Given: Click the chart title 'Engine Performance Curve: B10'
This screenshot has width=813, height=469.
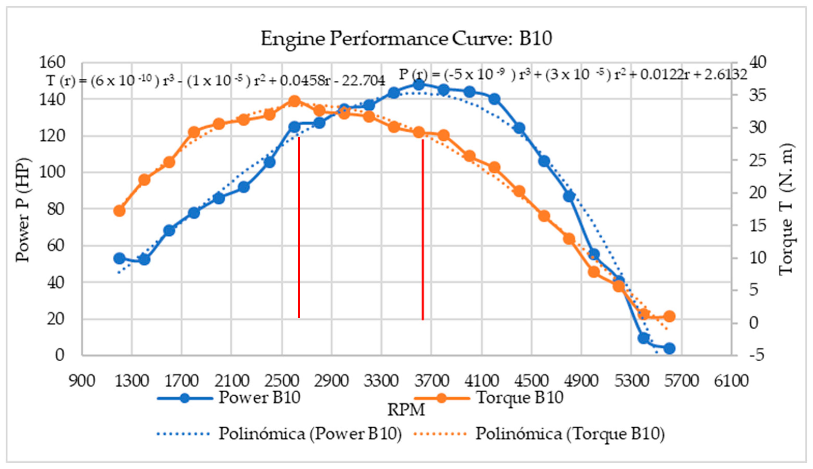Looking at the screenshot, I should click(x=406, y=39).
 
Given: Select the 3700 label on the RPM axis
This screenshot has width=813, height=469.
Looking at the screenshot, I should click(x=431, y=381).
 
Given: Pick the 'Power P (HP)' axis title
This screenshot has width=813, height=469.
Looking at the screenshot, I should click(x=23, y=209).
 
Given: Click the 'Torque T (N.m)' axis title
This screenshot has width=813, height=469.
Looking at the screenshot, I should click(x=787, y=209).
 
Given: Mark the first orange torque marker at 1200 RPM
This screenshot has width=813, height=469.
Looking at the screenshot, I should click(x=119, y=211).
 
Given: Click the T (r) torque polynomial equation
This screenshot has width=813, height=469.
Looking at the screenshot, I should click(x=215, y=80).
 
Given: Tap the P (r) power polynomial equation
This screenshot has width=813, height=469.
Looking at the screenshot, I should click(x=573, y=75).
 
